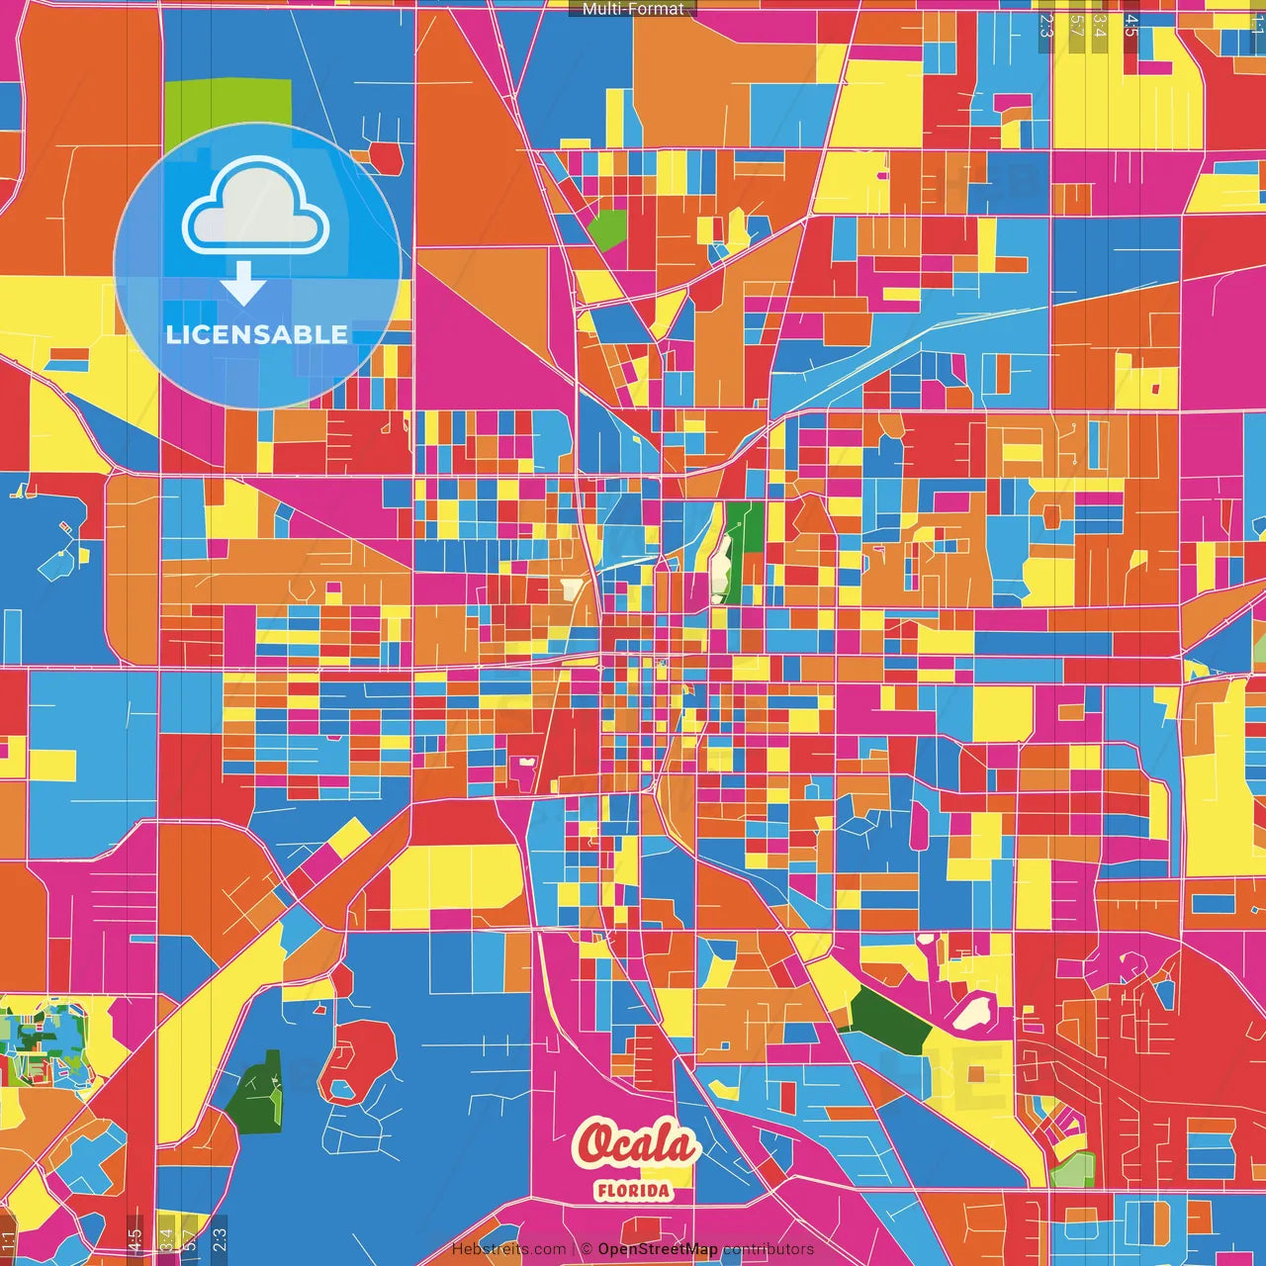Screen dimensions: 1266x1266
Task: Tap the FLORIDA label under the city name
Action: click(633, 1191)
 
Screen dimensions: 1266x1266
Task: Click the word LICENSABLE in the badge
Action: click(257, 334)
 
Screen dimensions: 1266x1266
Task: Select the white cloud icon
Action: click(256, 207)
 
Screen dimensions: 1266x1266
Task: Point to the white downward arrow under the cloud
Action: click(243, 284)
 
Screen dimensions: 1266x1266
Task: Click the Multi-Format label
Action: click(633, 9)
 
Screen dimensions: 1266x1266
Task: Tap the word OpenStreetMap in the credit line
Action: click(658, 1249)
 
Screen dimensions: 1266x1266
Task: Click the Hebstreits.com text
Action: click(508, 1249)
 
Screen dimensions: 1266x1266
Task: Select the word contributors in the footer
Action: click(769, 1249)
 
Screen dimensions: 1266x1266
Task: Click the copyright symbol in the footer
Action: click(586, 1249)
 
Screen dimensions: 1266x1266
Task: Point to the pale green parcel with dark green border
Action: click(1073, 1171)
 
